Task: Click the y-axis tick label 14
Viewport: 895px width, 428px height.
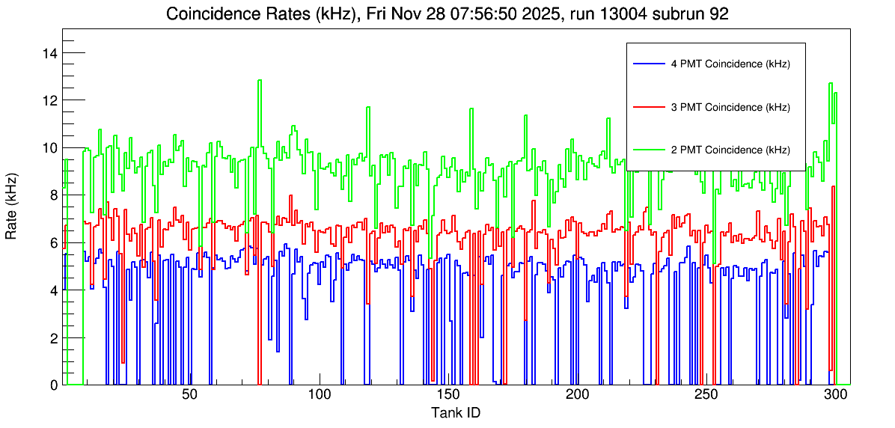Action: tap(51, 53)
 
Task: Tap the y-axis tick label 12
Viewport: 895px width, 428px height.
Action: tap(51, 100)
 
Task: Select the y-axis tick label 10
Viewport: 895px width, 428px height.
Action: tap(51, 148)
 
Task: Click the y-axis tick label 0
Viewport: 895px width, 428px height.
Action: tap(54, 385)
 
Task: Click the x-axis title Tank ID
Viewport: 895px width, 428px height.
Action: tap(456, 413)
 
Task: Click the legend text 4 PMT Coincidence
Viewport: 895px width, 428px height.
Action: tap(730, 64)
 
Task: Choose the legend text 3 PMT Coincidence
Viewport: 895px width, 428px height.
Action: tap(730, 107)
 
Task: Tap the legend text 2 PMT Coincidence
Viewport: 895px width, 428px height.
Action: tap(730, 150)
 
